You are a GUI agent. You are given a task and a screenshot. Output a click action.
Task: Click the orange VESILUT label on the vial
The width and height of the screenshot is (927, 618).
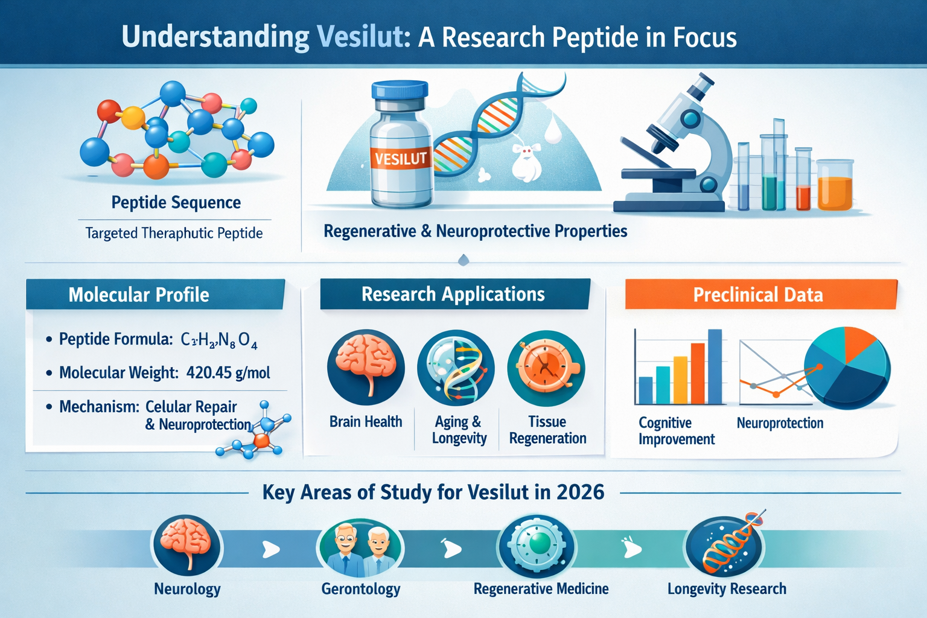point(400,159)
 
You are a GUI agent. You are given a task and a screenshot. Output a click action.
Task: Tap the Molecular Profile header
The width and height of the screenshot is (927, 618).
point(139,295)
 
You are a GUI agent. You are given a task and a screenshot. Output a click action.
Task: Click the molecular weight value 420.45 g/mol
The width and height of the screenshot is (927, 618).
point(228,372)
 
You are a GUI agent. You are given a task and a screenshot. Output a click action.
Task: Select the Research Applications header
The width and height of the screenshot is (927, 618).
point(453,294)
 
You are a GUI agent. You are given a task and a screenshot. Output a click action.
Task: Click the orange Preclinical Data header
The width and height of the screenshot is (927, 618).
point(758,295)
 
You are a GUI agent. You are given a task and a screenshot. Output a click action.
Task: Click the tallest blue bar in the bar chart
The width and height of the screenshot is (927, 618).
point(715,366)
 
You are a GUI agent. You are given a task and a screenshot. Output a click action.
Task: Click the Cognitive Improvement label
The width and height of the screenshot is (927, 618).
point(676,431)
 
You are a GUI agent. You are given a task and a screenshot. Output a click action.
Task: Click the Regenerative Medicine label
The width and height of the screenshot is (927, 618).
point(541,589)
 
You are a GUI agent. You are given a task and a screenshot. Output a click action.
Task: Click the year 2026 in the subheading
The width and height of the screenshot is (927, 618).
point(580,492)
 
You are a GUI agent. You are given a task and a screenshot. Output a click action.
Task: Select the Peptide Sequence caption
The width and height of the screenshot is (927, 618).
point(176,203)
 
